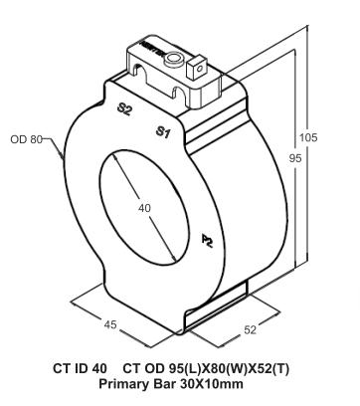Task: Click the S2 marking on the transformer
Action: (x=124, y=111)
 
